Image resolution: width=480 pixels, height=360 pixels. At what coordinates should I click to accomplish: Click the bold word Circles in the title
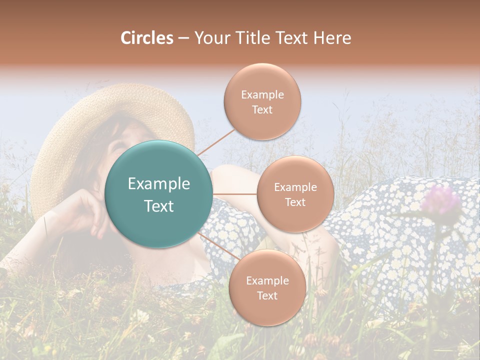point(146,38)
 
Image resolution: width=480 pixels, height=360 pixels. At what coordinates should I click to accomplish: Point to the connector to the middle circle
point(235,194)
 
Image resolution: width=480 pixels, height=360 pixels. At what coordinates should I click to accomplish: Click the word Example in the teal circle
point(159,184)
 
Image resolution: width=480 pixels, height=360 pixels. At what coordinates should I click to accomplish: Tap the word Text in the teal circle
point(159,206)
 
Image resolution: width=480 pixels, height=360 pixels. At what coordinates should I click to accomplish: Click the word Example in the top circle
point(262,94)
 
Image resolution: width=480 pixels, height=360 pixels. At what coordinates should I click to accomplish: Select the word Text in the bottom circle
point(267,295)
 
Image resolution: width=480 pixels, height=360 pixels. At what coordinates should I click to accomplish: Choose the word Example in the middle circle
point(295,187)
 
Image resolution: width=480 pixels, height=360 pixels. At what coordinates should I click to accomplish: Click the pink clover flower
point(440,199)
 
